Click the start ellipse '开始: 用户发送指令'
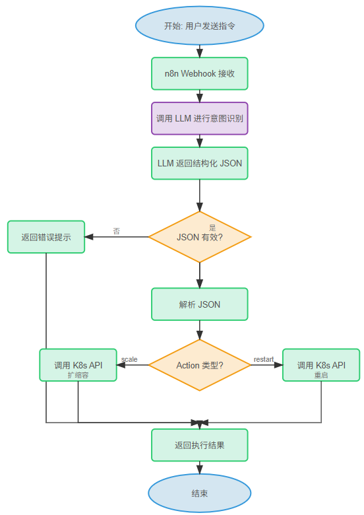[x=199, y=26]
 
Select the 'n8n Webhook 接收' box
[x=199, y=73]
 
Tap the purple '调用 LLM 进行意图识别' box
[x=199, y=118]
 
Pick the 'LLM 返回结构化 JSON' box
[x=199, y=163]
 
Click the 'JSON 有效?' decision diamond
[x=199, y=236]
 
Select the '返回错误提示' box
[x=46, y=236]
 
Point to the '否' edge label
[x=116, y=231]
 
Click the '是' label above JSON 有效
[x=212, y=227]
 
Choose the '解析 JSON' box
[x=199, y=304]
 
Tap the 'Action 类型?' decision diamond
[x=199, y=365]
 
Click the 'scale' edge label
[x=129, y=359]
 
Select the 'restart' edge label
[x=264, y=359]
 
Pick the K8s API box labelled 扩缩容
[x=78, y=365]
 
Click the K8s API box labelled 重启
[x=321, y=365]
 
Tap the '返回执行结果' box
[x=199, y=445]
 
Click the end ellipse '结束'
[x=199, y=493]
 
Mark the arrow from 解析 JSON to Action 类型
[x=199, y=330]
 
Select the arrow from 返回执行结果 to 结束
[x=199, y=467]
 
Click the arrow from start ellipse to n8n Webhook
[x=199, y=50]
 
